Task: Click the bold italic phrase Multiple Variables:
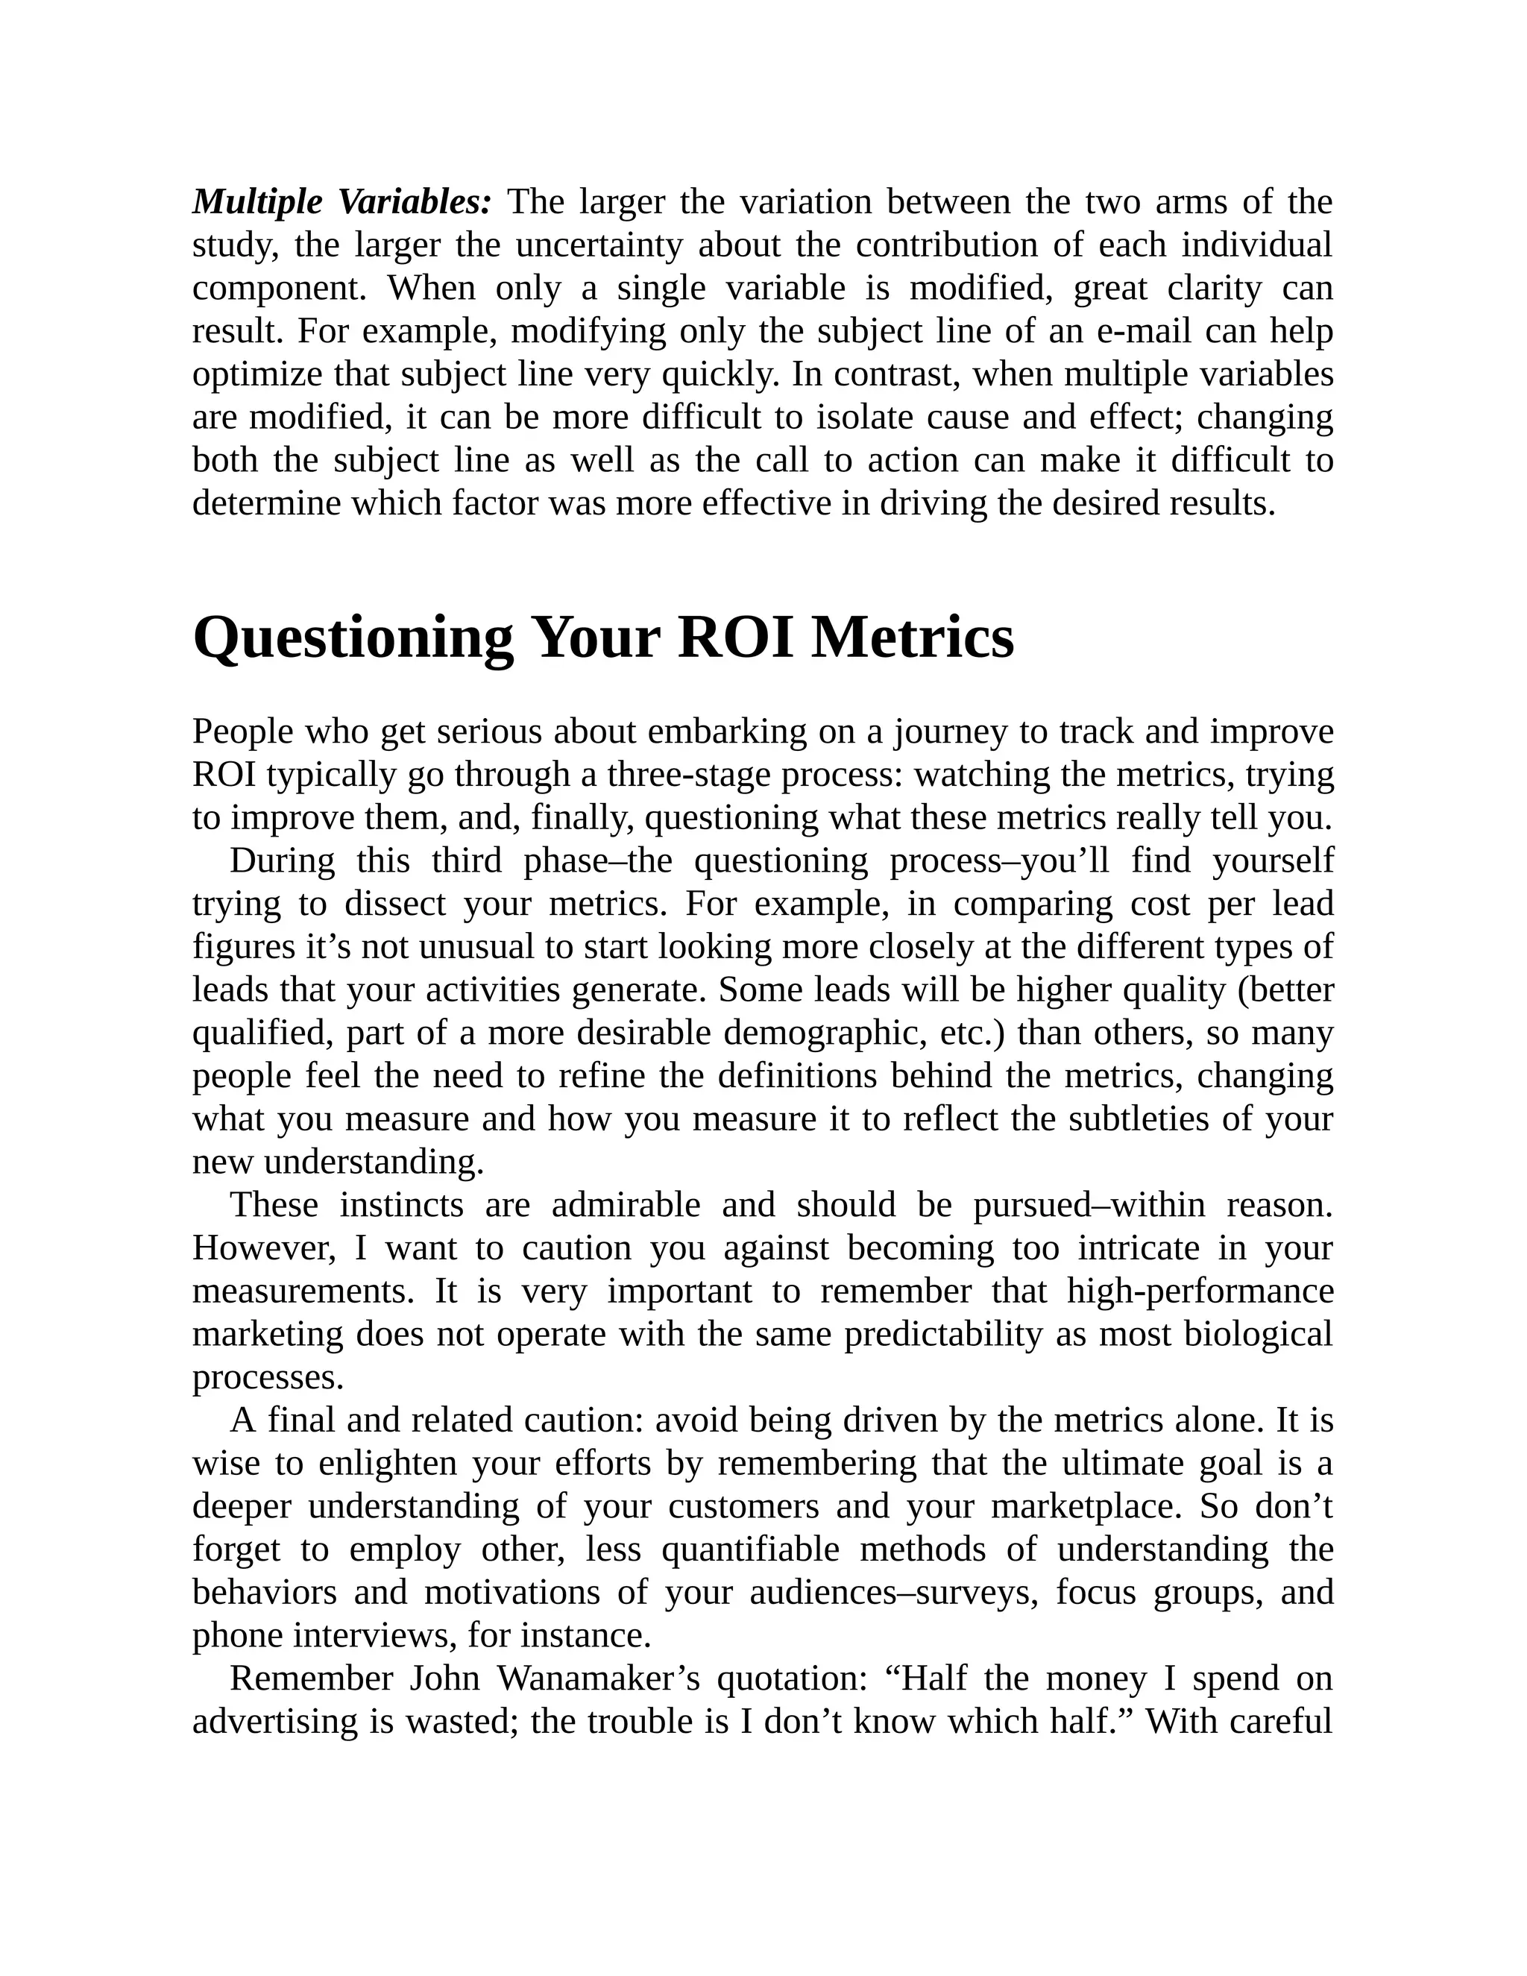pos(342,203)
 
